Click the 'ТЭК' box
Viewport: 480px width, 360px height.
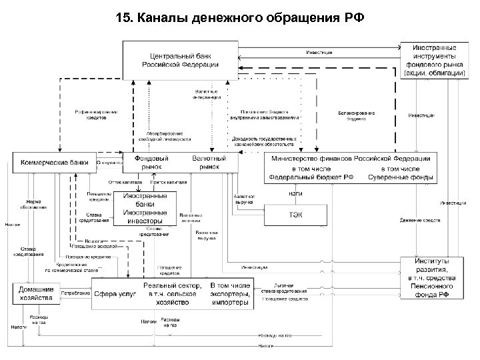[x=297, y=215]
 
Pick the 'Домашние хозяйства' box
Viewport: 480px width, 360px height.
[x=36, y=294]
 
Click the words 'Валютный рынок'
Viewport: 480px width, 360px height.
[x=209, y=163]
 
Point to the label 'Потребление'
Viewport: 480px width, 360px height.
[x=75, y=294]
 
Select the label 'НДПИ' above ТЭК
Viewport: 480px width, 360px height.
[x=297, y=194]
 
